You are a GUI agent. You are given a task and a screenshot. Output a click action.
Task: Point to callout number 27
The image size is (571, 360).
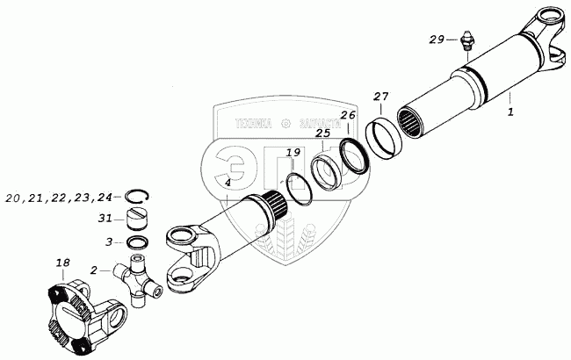click(380, 96)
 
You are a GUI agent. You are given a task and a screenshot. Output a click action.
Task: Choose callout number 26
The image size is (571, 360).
click(349, 115)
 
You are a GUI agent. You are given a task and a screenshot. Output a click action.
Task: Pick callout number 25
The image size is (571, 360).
click(322, 134)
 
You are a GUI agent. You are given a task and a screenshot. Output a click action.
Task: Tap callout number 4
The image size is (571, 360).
click(228, 183)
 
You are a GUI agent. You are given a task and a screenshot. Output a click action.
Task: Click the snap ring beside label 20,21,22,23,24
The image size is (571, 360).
click(135, 197)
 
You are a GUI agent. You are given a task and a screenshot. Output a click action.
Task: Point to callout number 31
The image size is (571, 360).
click(106, 219)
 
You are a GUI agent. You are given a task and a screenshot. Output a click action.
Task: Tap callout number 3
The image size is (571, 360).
click(108, 241)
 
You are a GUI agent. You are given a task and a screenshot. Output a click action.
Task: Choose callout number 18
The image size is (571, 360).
click(62, 262)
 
